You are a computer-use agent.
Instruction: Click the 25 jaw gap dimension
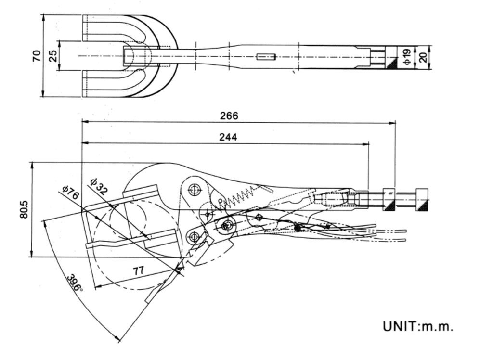coord(52,56)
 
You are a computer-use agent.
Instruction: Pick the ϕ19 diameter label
coord(406,57)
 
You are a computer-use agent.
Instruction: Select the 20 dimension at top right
coord(422,57)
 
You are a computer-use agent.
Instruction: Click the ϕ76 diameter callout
coord(70,193)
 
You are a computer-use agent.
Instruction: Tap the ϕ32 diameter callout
coord(99,186)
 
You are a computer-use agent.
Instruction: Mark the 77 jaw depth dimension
coord(139,270)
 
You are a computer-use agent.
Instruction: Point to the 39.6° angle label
coord(75,283)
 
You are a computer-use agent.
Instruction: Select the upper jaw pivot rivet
coord(195,190)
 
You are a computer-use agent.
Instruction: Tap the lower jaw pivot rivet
coord(195,236)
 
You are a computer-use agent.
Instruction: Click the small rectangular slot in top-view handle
coord(266,57)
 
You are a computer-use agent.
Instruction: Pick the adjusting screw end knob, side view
coord(422,199)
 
